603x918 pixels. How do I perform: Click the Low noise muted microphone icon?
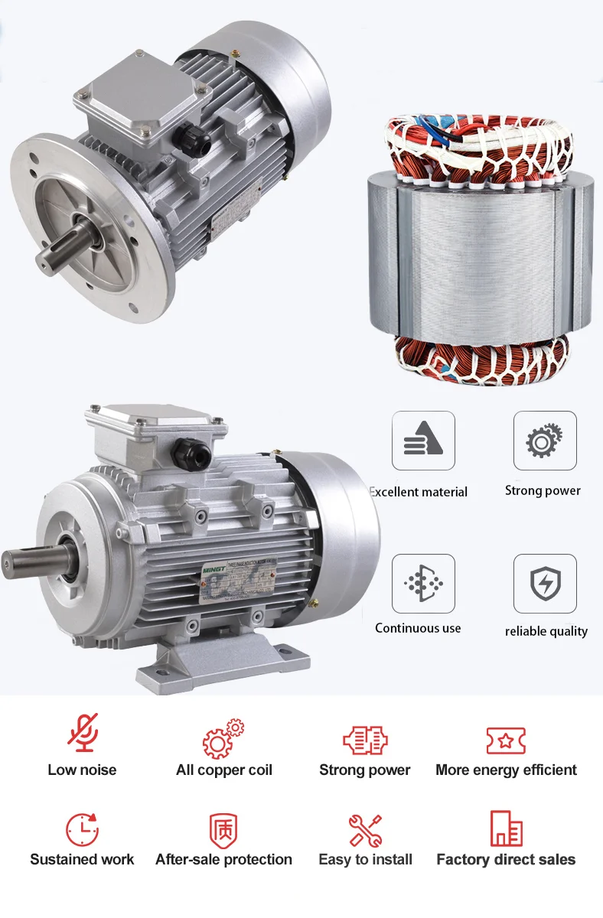coord(82,733)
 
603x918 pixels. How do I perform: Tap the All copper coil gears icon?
coord(223,738)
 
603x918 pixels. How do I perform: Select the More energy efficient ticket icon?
coord(506,740)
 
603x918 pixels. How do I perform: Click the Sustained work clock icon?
coord(82,829)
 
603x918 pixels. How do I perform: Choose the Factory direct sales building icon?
coord(506,828)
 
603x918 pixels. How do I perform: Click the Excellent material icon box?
coord(423,441)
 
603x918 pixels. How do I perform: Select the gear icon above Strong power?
coord(544,441)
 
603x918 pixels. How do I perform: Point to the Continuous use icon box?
coord(423,584)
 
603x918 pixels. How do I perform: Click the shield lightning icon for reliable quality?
coord(544,584)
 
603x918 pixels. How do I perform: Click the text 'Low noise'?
coord(82,770)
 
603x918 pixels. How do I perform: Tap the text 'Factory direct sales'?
coord(506,860)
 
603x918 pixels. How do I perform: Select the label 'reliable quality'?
coord(546,632)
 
